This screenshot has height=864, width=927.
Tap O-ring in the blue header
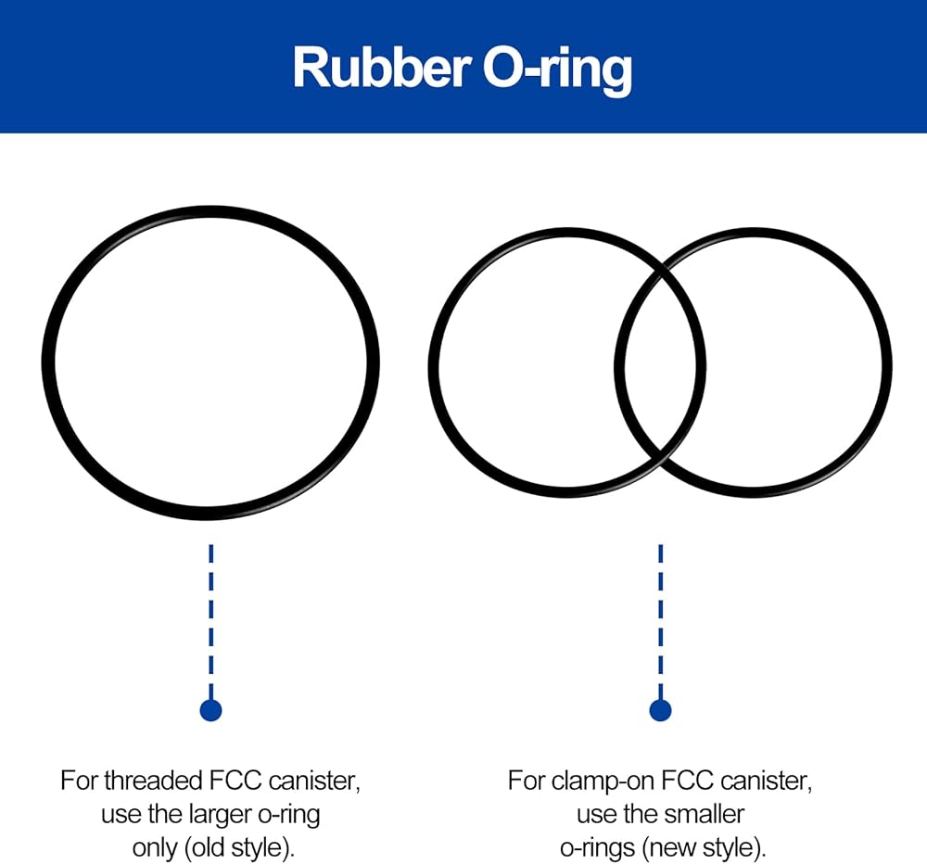(x=557, y=71)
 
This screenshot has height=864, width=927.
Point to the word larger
(x=222, y=816)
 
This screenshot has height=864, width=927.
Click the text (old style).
(x=239, y=848)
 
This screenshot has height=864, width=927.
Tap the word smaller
(x=705, y=814)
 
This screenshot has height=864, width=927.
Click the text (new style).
(x=704, y=848)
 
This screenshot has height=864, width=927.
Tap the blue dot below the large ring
(x=211, y=710)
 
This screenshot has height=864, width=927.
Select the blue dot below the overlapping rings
(x=660, y=710)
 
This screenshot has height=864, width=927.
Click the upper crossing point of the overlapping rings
(x=661, y=269)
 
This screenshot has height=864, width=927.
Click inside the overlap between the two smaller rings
(x=660, y=362)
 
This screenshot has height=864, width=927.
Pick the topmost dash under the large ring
(x=211, y=553)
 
